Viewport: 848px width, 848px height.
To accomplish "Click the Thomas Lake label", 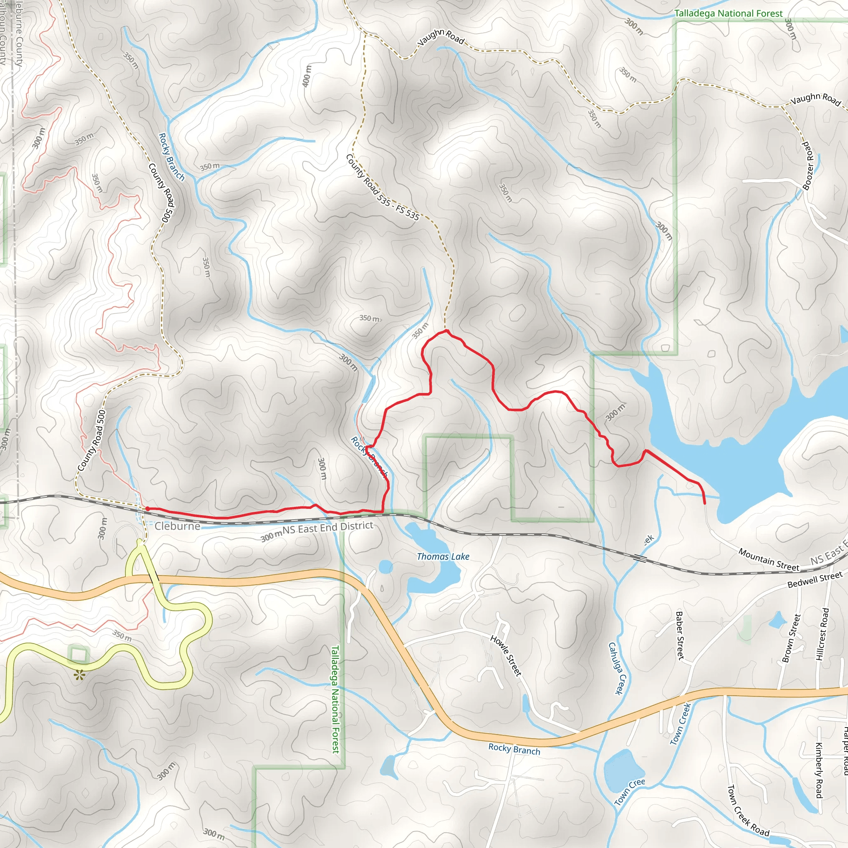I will [443, 556].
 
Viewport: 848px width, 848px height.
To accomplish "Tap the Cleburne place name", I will [177, 526].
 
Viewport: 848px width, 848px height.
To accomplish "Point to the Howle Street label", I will [506, 656].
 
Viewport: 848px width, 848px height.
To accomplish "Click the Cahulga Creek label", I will [616, 668].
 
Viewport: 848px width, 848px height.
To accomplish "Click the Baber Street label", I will [680, 635].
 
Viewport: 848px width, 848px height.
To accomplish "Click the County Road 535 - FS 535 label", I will [382, 187].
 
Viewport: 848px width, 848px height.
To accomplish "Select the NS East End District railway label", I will [328, 528].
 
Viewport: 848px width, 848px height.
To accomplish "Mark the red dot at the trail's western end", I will [147, 509].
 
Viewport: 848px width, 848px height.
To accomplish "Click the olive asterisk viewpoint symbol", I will [79, 675].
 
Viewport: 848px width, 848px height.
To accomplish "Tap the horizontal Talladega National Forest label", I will [728, 14].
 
